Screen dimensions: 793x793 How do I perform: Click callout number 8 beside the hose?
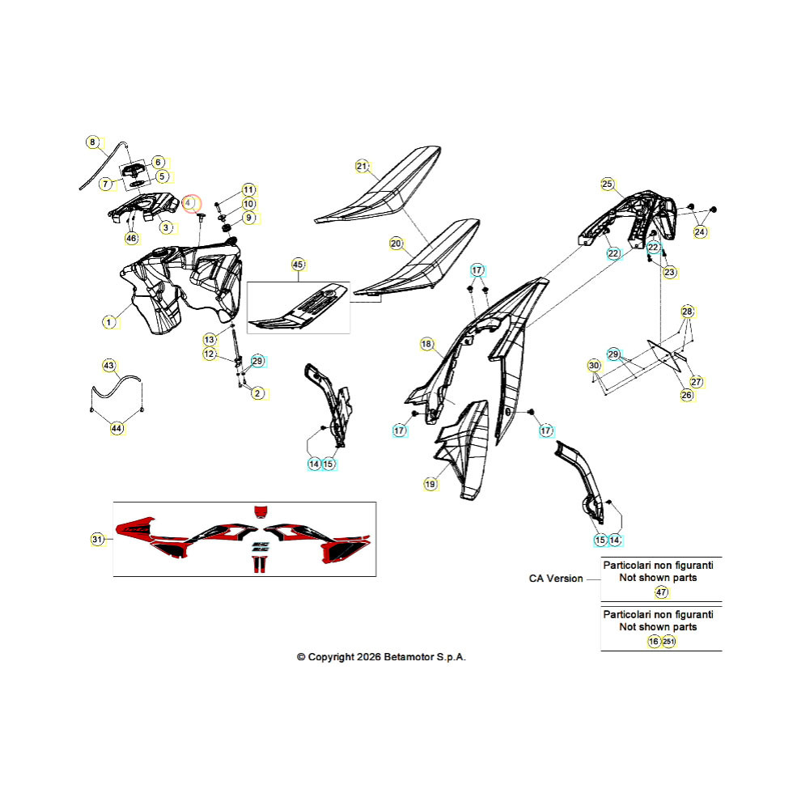(x=92, y=142)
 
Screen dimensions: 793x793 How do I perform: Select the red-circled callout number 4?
(x=191, y=204)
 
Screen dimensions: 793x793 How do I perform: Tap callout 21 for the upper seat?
(x=362, y=167)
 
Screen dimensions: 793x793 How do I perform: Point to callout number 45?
(x=298, y=265)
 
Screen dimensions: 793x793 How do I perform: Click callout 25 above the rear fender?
(x=608, y=184)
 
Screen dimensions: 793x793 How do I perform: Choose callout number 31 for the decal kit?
(x=97, y=539)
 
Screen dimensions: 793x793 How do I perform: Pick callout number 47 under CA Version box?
(x=662, y=592)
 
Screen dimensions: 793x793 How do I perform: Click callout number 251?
(x=668, y=642)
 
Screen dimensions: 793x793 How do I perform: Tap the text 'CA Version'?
(x=556, y=579)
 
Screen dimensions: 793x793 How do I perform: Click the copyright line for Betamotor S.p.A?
(x=381, y=657)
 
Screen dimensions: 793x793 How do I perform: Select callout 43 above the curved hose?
(x=108, y=365)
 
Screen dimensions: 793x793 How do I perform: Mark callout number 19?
(x=430, y=484)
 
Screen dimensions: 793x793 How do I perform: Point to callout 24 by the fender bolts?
(x=699, y=232)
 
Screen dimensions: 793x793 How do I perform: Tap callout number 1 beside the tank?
(x=108, y=322)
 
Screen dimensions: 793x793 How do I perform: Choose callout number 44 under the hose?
(x=117, y=428)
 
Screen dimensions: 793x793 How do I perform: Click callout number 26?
(x=686, y=395)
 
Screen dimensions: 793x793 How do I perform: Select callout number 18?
(x=427, y=345)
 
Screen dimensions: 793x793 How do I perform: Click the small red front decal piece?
(x=261, y=511)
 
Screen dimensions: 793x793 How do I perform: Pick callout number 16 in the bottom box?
(x=654, y=642)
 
